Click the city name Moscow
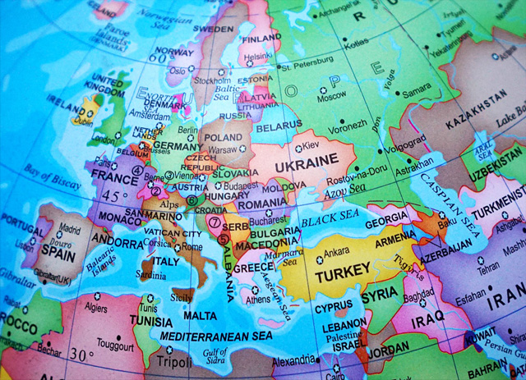click(332, 97)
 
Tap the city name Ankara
click(337, 252)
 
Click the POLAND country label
click(222, 138)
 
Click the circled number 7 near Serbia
click(215, 222)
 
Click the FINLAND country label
click(260, 39)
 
